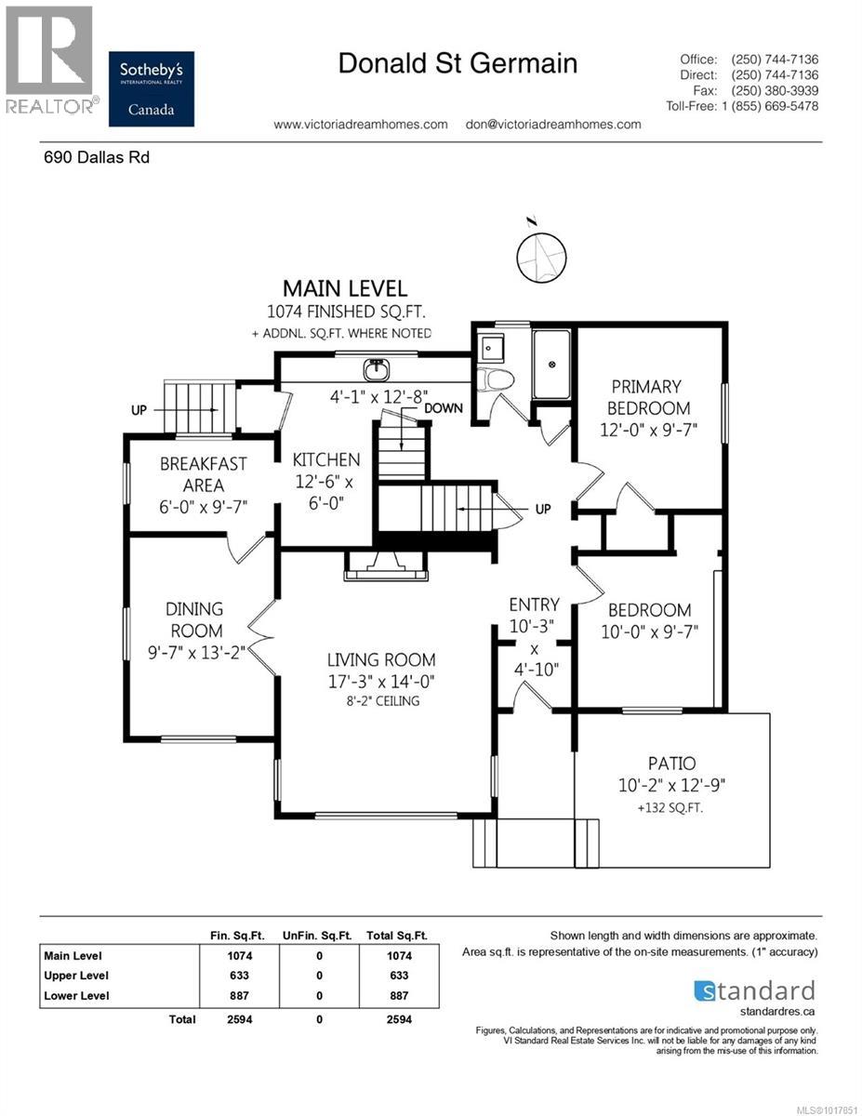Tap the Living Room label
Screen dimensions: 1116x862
(380, 659)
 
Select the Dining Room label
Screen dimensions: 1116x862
(194, 619)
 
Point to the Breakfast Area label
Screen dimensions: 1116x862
(203, 473)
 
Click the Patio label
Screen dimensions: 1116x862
(671, 763)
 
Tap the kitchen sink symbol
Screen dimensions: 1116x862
(376, 369)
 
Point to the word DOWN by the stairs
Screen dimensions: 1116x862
(444, 408)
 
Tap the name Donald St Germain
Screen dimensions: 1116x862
(458, 63)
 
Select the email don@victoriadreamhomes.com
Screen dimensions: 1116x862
(552, 124)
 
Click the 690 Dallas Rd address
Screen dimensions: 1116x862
(97, 157)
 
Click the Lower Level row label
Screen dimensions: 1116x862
(76, 996)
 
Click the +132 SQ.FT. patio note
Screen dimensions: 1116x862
(670, 808)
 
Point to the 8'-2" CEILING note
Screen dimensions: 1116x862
(380, 700)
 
